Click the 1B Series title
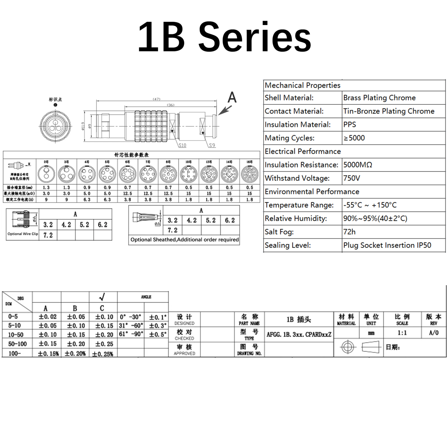coord(224,37)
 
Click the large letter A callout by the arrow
coord(232,97)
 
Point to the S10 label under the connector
coord(182,145)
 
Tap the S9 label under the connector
coord(212,145)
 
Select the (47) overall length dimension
coord(157,99)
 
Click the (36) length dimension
coord(170,105)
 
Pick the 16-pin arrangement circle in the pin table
coord(249,174)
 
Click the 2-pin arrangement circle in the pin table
coord(46,174)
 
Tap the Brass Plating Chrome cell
coord(379,98)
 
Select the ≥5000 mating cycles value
coord(354,138)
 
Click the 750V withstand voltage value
coord(352,178)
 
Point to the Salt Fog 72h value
coord(349,232)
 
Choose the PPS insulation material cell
coord(350,125)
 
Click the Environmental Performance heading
coord(312,192)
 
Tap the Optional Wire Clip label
coord(23,234)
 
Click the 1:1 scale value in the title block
coord(402,333)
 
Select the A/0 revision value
coord(434,333)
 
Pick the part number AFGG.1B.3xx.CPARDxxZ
coord(299,334)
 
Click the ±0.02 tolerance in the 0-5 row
coord(48,317)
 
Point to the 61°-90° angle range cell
coord(131,334)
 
